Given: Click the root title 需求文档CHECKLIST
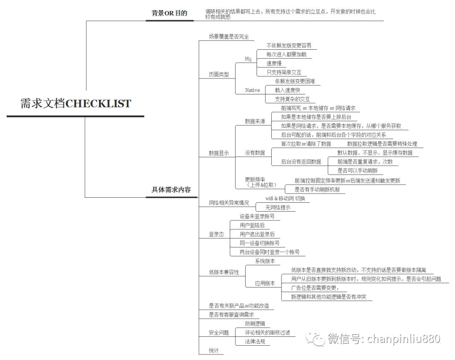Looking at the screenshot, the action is point(76,104).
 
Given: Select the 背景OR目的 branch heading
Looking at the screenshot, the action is point(169,13).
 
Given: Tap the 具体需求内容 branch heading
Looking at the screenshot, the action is point(171,190).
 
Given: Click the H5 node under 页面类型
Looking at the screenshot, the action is point(248,59).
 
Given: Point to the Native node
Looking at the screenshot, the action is point(252,90).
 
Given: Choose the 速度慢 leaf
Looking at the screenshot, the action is point(274,63).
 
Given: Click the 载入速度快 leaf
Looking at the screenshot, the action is point(287,90).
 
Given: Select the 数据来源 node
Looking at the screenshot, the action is point(255,121).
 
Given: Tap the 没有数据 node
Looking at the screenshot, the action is point(255,153).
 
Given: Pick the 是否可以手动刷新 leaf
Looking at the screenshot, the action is point(358,171).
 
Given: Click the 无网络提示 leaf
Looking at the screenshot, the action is point(277,207).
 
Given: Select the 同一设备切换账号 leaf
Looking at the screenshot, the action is point(260,243).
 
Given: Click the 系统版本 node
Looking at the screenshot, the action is point(265,261).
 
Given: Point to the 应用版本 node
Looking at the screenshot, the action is point(265,283).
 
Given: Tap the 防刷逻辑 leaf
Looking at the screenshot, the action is point(255,323).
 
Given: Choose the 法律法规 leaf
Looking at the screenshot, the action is point(255,341).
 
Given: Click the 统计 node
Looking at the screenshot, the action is point(214,350).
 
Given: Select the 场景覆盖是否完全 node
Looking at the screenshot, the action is point(229,37).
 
